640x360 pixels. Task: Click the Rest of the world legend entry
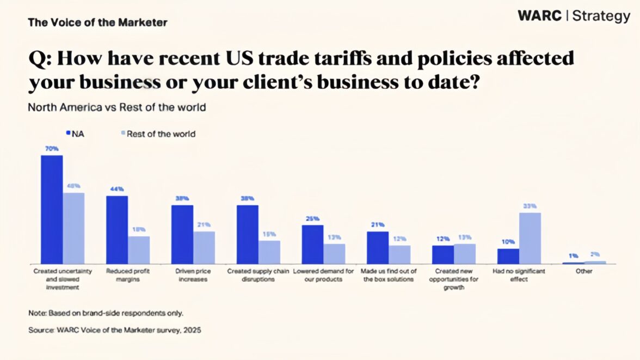click(x=157, y=133)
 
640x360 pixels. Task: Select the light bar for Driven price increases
click(x=204, y=248)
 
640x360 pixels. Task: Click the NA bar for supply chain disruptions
click(x=248, y=235)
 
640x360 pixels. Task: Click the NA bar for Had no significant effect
click(x=508, y=257)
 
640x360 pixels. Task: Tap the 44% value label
click(x=117, y=189)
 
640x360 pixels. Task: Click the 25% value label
click(x=312, y=218)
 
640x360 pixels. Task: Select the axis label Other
click(x=584, y=271)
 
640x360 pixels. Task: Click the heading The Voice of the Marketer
click(x=97, y=23)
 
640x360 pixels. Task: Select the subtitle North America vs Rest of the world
click(x=117, y=107)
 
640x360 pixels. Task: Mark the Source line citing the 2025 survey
click(x=115, y=330)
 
